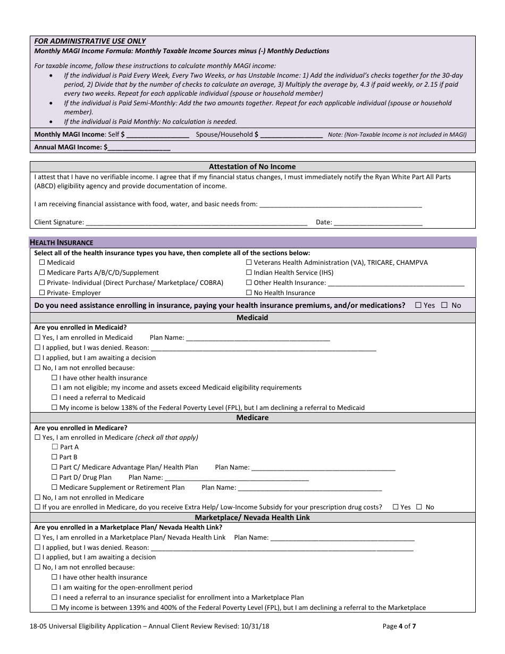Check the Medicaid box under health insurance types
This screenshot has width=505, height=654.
pyautogui.click(x=43, y=263)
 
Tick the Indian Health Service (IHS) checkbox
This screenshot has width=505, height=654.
pyautogui.click(x=249, y=273)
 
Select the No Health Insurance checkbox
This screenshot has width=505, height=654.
pyautogui.click(x=249, y=293)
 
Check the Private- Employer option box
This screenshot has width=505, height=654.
pyautogui.click(x=43, y=293)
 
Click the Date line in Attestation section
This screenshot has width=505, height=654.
pyautogui.click(x=378, y=223)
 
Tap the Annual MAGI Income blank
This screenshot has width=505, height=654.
pyautogui.click(x=139, y=147)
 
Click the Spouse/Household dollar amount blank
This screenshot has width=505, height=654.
pyautogui.click(x=292, y=135)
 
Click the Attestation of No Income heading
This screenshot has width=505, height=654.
pyautogui.click(x=252, y=166)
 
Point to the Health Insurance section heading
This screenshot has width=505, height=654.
pyautogui.click(x=61, y=242)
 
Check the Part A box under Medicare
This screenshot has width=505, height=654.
pyautogui.click(x=55, y=447)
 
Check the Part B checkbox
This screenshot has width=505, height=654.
pyautogui.click(x=55, y=457)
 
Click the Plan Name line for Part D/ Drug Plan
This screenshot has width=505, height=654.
pyautogui.click(x=237, y=478)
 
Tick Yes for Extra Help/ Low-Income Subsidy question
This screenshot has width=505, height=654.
pyautogui.click(x=395, y=507)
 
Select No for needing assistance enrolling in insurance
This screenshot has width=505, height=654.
pyautogui.click(x=444, y=305)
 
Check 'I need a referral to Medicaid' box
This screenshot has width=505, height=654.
pyautogui.click(x=55, y=398)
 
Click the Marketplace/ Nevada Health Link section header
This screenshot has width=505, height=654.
pyautogui.click(x=252, y=517)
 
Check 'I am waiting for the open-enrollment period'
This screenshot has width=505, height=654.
pyautogui.click(x=55, y=588)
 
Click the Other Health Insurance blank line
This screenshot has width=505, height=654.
pyautogui.click(x=396, y=283)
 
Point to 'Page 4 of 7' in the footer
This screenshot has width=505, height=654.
pyautogui.click(x=399, y=626)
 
